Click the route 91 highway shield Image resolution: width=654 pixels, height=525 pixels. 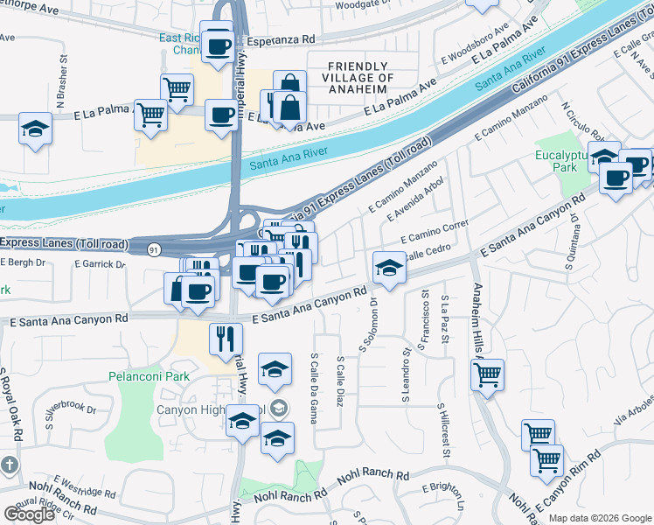coord(154,249)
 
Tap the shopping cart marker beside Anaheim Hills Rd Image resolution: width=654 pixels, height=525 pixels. coord(488,375)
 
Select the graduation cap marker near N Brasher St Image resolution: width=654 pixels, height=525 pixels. coord(35,129)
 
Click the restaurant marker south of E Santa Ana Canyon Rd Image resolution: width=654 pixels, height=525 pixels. coord(226,338)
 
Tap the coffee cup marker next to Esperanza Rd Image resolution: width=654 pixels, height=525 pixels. coord(217,45)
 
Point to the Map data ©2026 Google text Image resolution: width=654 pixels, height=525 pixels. coord(599,518)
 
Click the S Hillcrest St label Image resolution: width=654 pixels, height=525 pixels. coord(445,430)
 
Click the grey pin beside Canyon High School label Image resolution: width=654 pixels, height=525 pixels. coord(279,407)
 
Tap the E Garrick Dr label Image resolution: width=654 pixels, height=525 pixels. coord(100,262)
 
